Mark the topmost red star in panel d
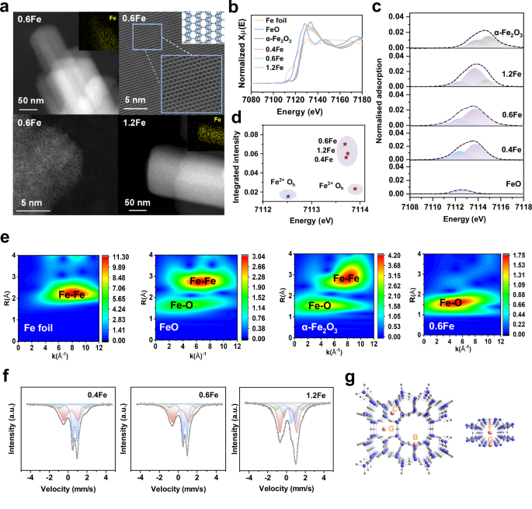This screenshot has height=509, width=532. tap(344, 145)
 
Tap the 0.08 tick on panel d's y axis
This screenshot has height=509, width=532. tap(256, 135)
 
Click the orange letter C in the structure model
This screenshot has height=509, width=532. tap(394, 409)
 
